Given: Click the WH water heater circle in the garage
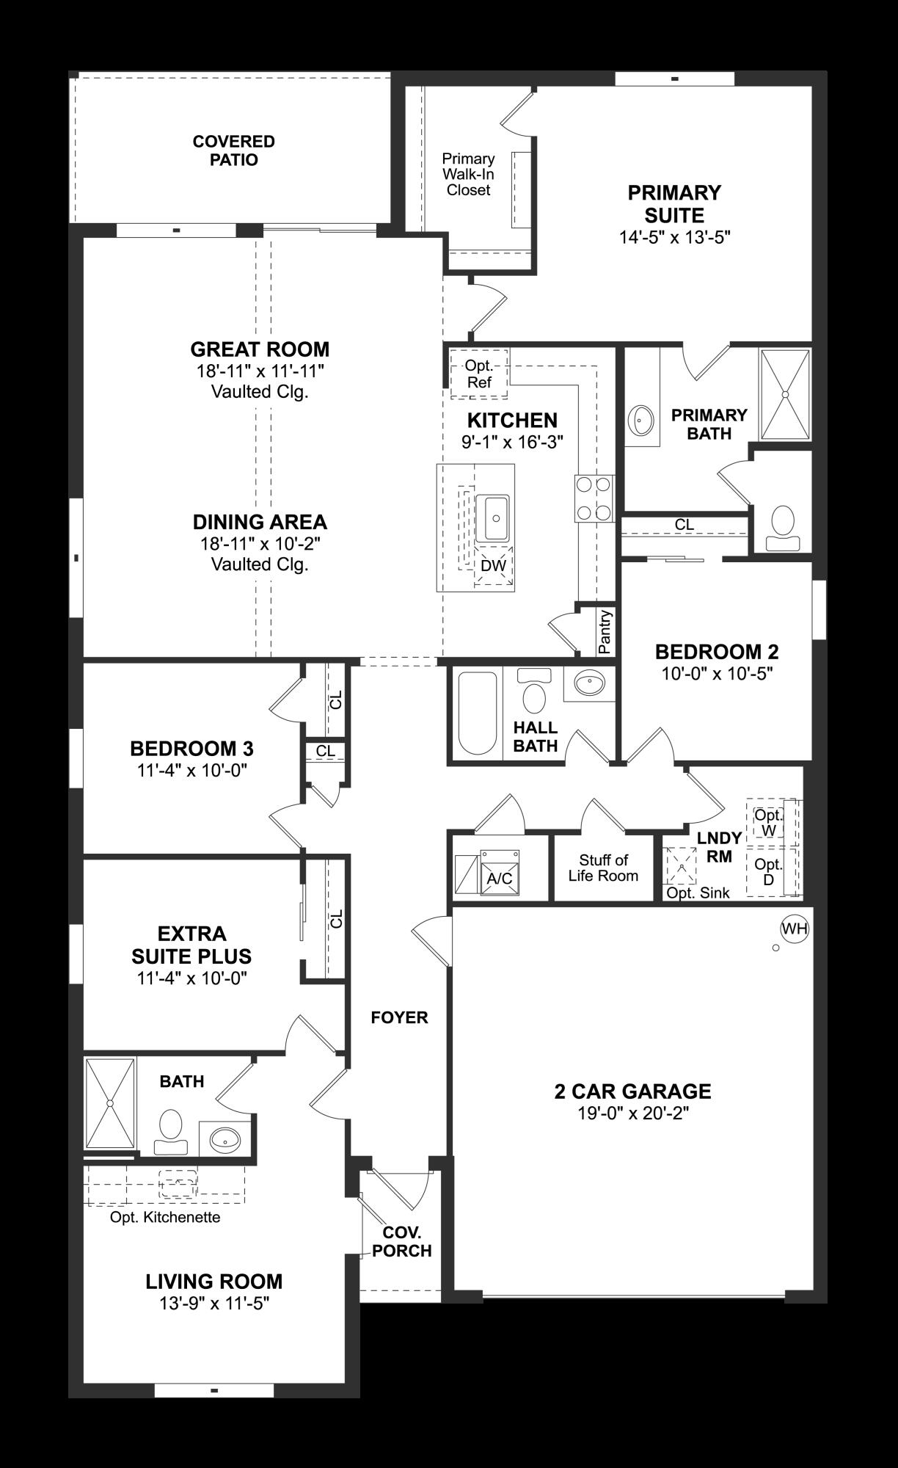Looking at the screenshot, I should pyautogui.click(x=794, y=929).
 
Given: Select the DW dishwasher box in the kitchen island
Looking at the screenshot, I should pyautogui.click(x=494, y=566).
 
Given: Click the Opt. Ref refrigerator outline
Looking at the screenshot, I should pyautogui.click(x=479, y=374).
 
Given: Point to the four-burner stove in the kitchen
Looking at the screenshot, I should pyautogui.click(x=594, y=498).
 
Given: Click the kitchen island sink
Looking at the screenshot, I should pyautogui.click(x=495, y=517).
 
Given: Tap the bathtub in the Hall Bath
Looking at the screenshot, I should pyautogui.click(x=477, y=713).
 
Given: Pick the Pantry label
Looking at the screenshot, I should pyautogui.click(x=605, y=631).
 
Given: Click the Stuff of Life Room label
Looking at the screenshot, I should pyautogui.click(x=603, y=868).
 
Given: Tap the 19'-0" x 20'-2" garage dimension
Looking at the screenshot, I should pyautogui.click(x=632, y=1113).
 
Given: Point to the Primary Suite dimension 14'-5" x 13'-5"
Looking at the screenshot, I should pyautogui.click(x=673, y=237).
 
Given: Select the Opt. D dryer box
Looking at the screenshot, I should pyautogui.click(x=768, y=872).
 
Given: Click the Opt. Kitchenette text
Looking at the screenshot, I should pyautogui.click(x=165, y=1218).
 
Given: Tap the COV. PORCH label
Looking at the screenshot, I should pyautogui.click(x=401, y=1242).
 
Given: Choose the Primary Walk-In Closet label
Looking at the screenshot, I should pyautogui.click(x=468, y=175).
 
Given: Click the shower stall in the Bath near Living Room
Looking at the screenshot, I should pyautogui.click(x=110, y=1102).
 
